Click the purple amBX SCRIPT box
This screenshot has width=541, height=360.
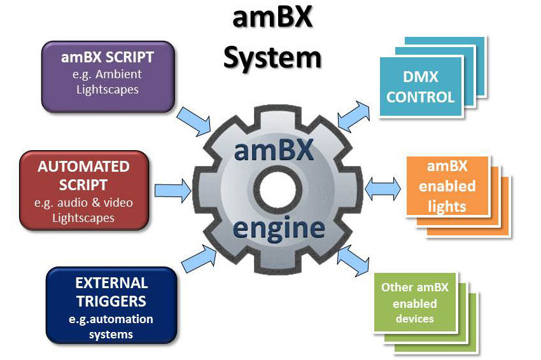click(108, 76)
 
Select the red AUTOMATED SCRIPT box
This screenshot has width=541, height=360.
click(84, 190)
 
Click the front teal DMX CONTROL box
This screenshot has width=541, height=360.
click(420, 87)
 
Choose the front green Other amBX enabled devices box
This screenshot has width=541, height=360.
click(415, 302)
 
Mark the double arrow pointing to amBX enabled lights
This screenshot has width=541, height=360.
click(383, 188)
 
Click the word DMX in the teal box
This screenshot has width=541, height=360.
click(420, 78)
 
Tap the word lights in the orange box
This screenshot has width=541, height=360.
click(447, 206)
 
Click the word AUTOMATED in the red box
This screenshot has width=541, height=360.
click(84, 167)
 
